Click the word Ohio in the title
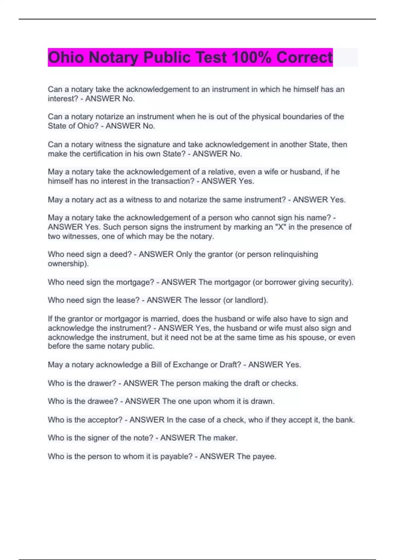click(x=66, y=57)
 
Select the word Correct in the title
click(x=304, y=57)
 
